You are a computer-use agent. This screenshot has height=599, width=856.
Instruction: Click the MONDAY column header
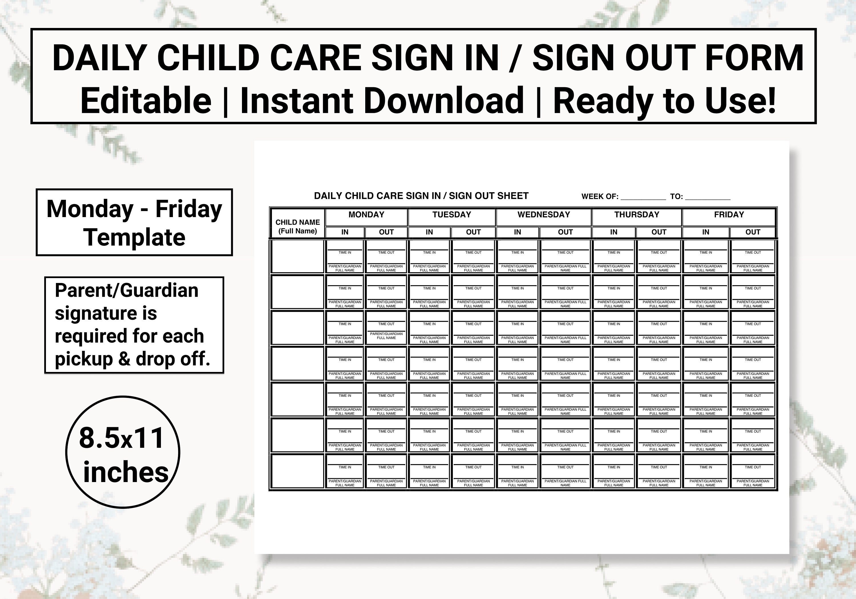click(366, 215)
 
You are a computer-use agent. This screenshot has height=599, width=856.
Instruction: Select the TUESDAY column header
click(451, 215)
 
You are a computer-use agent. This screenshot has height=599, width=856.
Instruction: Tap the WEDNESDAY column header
click(544, 215)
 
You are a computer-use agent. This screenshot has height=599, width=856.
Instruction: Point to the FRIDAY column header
click(729, 215)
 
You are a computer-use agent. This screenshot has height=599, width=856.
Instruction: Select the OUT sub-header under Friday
click(753, 232)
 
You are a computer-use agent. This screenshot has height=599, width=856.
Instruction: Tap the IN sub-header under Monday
click(345, 232)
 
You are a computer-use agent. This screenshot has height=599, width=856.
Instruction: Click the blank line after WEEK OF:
click(643, 198)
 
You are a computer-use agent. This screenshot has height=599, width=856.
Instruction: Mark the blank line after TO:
click(707, 198)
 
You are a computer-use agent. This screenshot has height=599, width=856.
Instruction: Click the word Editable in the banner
click(146, 101)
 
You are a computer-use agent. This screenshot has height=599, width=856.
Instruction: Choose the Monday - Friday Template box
click(134, 222)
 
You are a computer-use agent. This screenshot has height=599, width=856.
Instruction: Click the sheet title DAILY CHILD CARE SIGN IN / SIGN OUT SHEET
click(421, 196)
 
